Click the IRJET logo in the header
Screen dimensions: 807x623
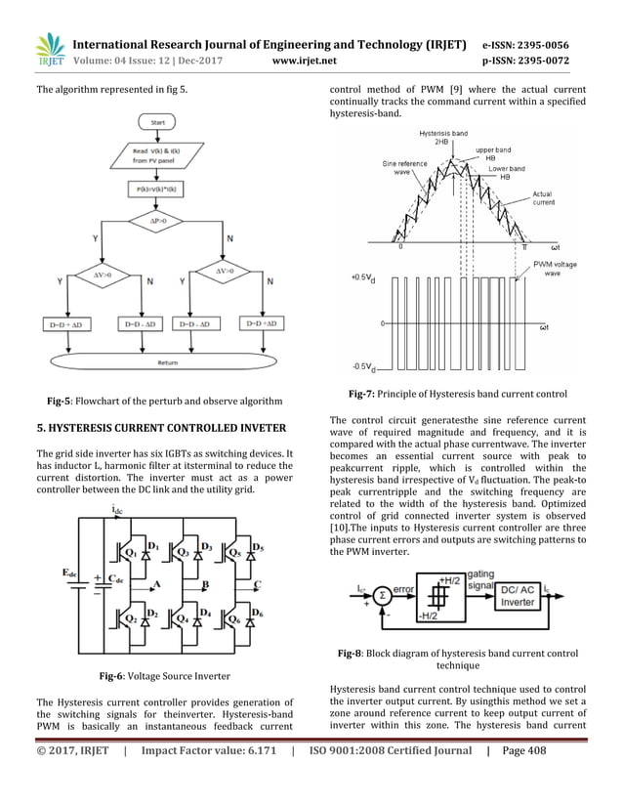(x=49, y=50)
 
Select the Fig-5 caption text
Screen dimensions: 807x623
(x=166, y=402)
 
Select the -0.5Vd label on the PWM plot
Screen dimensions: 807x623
(x=363, y=367)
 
